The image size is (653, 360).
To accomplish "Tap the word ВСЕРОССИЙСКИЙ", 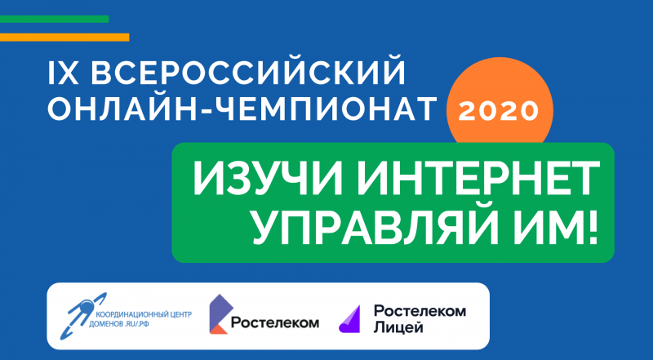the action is click(248, 74).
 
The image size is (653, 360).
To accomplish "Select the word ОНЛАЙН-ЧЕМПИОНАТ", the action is click(242, 110).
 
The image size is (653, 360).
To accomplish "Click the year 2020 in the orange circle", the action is click(500, 111).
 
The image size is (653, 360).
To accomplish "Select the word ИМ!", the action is click(557, 226).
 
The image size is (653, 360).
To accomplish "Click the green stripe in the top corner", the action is click(54, 19).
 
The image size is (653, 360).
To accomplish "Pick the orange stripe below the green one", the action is click(64, 37).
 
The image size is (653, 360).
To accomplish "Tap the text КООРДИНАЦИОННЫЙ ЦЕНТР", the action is click(144, 314).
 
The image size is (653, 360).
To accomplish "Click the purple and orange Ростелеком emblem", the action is click(219, 314).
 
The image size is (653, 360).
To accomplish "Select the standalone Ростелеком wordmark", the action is click(275, 322).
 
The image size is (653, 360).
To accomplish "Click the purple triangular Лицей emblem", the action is click(350, 319).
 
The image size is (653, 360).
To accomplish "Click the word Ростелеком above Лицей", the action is click(420, 311).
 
